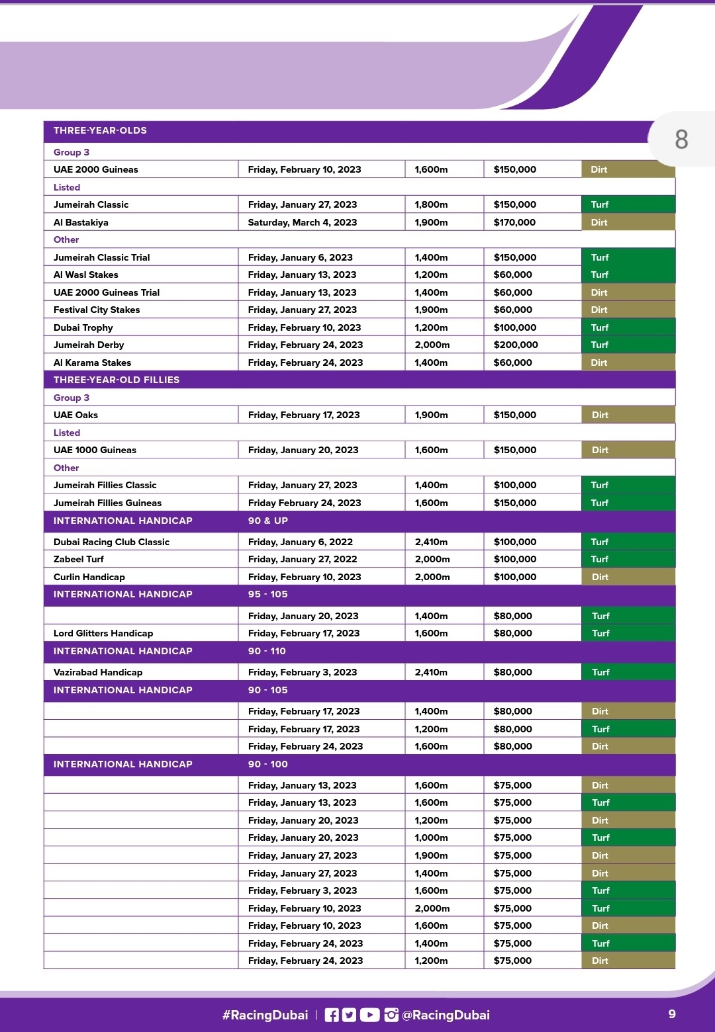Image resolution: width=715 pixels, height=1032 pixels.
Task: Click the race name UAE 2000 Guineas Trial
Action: (x=107, y=292)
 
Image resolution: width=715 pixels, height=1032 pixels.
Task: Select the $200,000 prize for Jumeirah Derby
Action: (x=516, y=345)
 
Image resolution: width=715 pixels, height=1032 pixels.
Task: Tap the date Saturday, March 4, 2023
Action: (x=303, y=222)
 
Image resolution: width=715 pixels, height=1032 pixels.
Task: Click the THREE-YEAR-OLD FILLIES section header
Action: (x=117, y=380)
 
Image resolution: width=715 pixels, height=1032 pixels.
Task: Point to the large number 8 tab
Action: (x=681, y=140)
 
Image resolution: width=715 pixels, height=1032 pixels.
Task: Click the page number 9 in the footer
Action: (x=672, y=1014)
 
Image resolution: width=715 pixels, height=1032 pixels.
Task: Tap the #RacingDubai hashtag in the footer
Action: (x=265, y=1015)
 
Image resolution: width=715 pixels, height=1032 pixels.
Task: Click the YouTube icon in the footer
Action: (x=369, y=1015)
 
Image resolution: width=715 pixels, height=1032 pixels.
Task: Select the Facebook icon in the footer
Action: (x=332, y=1015)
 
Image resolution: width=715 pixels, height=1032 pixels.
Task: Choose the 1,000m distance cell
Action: (x=432, y=838)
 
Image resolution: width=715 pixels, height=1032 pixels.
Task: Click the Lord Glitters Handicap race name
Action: (x=103, y=633)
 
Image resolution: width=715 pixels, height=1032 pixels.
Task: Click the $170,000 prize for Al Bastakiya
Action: (x=514, y=222)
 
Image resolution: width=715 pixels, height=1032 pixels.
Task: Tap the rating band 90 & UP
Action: (x=268, y=521)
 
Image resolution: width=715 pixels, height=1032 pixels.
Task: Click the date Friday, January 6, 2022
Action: (x=301, y=542)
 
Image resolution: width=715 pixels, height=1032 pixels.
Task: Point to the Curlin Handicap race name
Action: (x=89, y=577)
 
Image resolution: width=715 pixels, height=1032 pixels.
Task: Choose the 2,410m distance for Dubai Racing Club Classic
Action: (x=431, y=542)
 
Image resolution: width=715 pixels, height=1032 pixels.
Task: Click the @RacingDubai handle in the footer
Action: (x=446, y=1015)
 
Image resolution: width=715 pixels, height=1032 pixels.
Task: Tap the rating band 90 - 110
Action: (x=267, y=651)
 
